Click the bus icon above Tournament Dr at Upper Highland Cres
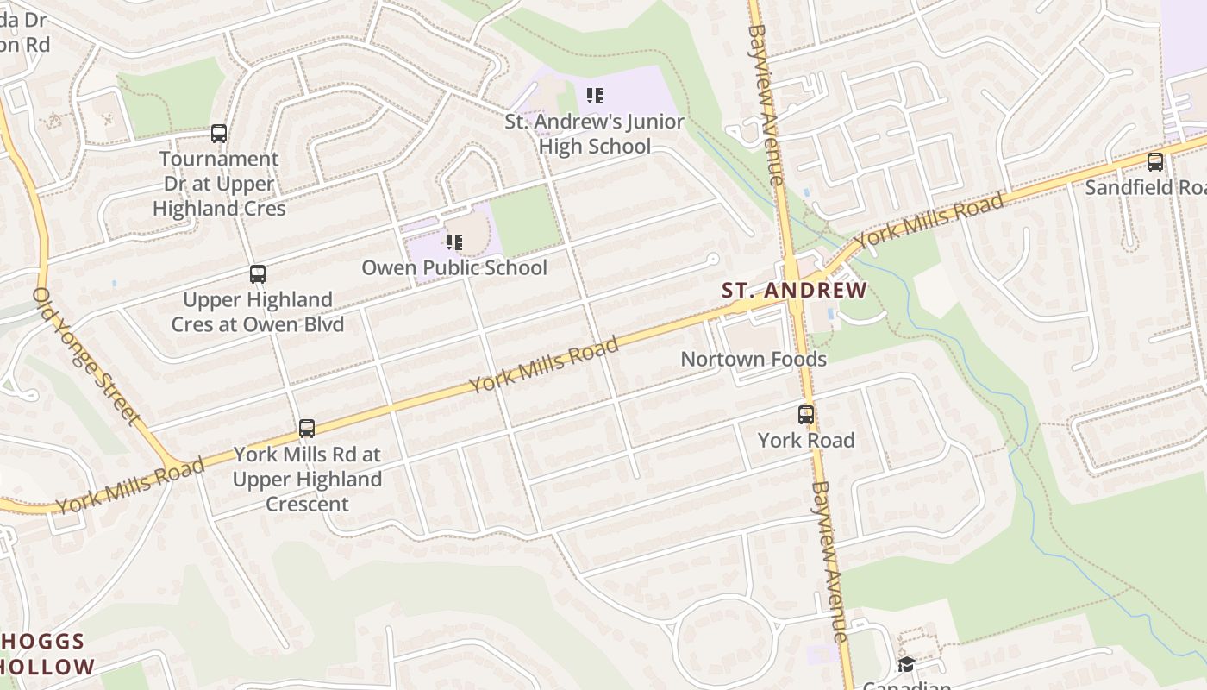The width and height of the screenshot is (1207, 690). click(x=219, y=134)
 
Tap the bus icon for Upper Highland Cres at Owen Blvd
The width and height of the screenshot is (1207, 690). click(x=257, y=274)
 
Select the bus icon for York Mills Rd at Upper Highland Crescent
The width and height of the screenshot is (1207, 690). click(x=306, y=428)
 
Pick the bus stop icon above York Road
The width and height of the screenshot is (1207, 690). click(x=805, y=415)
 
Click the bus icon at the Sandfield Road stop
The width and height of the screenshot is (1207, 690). click(x=1154, y=161)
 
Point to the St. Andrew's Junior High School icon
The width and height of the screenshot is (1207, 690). click(x=594, y=96)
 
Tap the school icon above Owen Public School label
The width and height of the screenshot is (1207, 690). click(x=453, y=242)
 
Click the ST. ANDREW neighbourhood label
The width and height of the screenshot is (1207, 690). click(x=794, y=290)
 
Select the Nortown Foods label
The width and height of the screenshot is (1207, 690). click(x=754, y=359)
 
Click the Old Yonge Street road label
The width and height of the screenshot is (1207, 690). click(x=86, y=357)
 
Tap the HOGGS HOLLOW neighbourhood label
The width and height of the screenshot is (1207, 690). click(x=47, y=654)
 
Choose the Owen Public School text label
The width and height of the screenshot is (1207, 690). click(x=453, y=267)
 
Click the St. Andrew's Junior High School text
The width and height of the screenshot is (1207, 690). click(x=594, y=135)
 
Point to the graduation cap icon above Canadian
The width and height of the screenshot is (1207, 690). click(x=905, y=664)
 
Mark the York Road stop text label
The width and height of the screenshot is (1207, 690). click(x=805, y=440)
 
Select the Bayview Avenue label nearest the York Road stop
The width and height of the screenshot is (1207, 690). click(x=829, y=561)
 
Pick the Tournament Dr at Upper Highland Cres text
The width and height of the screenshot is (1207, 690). click(x=219, y=184)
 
